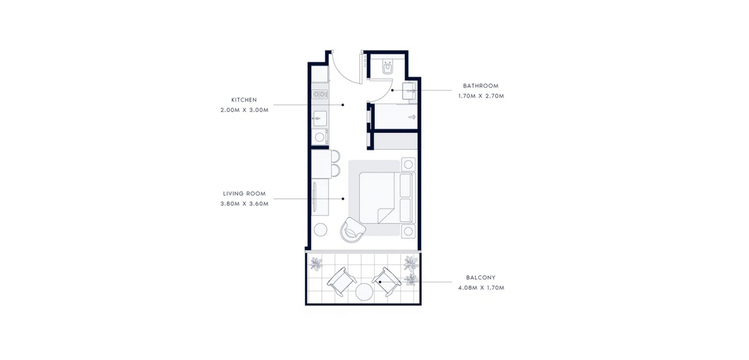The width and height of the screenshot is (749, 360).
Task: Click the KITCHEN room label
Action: (244, 100)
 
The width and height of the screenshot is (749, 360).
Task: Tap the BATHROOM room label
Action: (481, 86)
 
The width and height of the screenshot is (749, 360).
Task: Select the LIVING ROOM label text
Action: (244, 193)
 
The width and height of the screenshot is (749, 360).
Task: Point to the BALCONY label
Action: (481, 277)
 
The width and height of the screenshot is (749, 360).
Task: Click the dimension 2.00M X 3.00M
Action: (244, 110)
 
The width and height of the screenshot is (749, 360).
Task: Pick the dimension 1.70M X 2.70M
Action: (481, 96)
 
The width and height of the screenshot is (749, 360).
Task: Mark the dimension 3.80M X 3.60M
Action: (244, 204)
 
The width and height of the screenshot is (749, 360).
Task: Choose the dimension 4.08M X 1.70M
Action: (481, 287)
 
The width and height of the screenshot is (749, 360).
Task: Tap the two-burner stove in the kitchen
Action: (320, 94)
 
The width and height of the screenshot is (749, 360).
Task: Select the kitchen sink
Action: (320, 118)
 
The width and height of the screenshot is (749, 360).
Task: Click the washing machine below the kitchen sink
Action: (320, 137)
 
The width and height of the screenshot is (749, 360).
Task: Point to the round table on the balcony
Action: (364, 292)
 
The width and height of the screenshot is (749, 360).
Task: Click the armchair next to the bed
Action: (353, 229)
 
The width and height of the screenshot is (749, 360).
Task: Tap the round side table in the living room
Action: (321, 229)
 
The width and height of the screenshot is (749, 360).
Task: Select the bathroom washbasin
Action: (409, 91)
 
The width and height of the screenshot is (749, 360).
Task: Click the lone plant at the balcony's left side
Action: (316, 263)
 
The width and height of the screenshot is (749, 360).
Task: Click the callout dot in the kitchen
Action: (343, 105)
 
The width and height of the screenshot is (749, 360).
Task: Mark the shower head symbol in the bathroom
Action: (412, 117)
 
